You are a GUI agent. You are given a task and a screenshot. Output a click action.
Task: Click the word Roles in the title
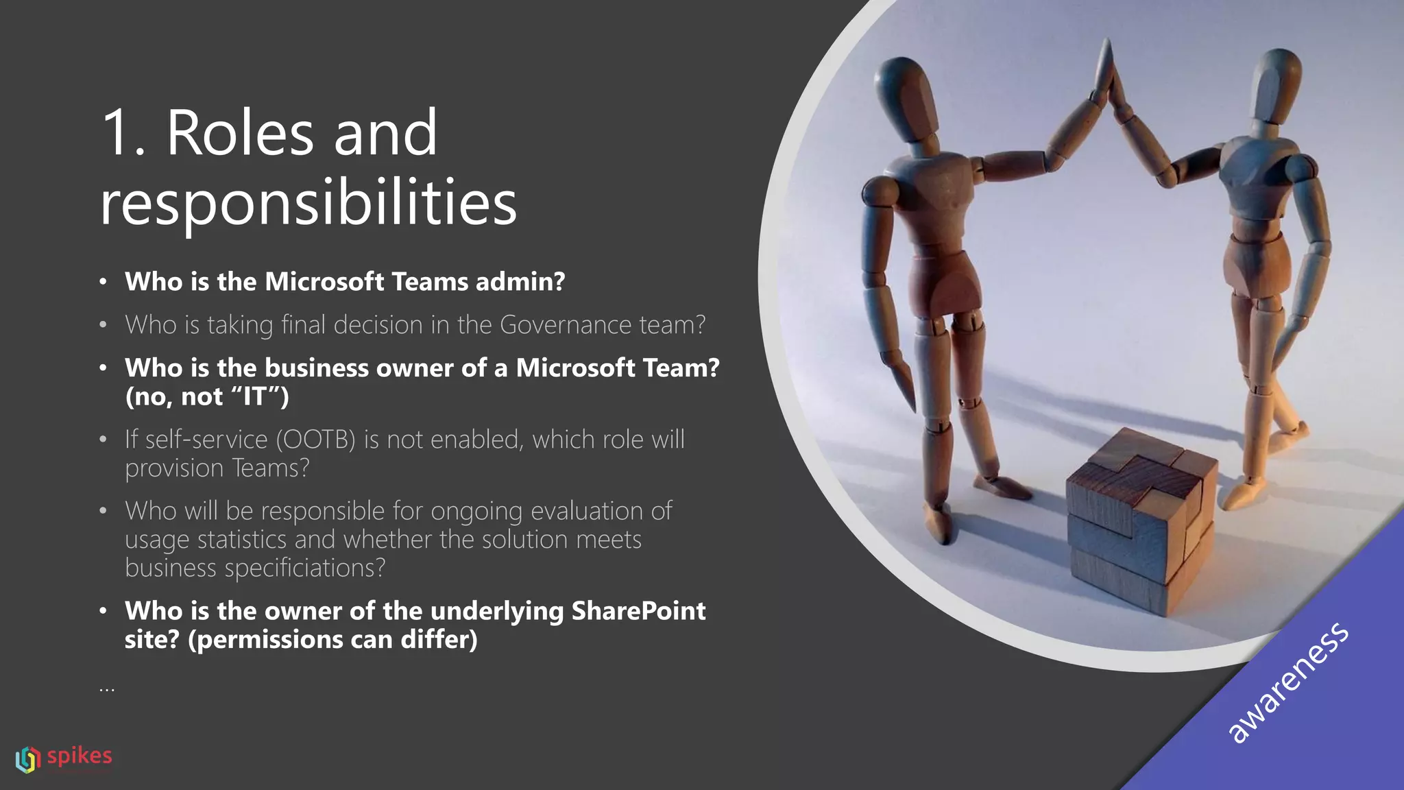point(240,133)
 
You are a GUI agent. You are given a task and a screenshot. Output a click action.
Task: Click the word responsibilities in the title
point(308,204)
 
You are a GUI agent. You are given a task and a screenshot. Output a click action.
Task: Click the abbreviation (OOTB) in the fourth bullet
point(316,440)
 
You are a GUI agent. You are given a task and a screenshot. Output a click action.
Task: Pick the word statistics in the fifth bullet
point(241,540)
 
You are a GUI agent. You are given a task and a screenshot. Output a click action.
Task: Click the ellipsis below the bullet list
point(107,688)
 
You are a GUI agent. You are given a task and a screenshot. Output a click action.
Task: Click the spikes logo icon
point(28,759)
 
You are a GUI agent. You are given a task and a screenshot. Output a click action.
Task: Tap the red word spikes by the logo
point(80,756)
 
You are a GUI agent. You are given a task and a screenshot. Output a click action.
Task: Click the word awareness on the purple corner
point(1287,683)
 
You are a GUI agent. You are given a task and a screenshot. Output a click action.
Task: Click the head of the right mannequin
point(1275,82)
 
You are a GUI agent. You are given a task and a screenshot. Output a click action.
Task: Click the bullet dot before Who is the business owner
point(103,368)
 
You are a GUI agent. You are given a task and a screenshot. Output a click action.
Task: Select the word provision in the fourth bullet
point(175,468)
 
